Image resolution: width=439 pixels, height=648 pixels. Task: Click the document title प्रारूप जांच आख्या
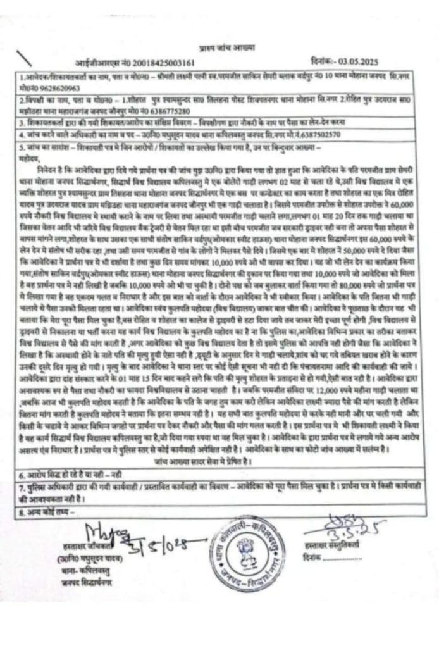click(x=218, y=49)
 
